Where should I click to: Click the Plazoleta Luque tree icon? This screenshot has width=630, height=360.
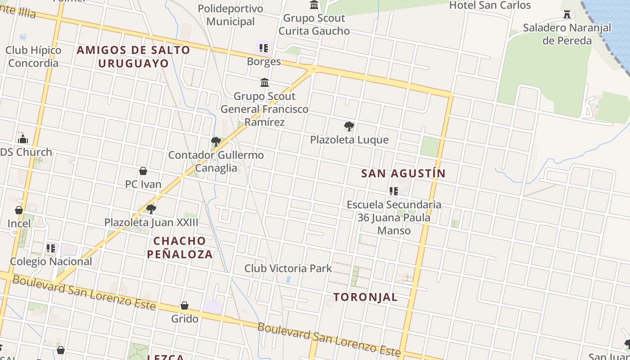click(x=349, y=126)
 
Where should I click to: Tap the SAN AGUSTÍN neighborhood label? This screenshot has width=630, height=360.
click(x=404, y=173)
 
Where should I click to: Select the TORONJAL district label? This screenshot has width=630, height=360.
click(x=365, y=297)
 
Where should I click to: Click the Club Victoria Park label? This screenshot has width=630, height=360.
click(x=288, y=268)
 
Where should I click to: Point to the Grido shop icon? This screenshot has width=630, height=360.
click(x=184, y=306)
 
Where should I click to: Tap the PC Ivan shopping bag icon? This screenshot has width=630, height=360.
click(x=143, y=171)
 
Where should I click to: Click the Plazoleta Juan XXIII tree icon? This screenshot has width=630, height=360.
click(x=151, y=209)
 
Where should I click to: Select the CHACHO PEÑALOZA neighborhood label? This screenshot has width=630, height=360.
click(x=180, y=247)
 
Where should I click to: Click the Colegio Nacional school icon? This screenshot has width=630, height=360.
click(x=51, y=248)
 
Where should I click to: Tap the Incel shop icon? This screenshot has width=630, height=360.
click(x=19, y=210)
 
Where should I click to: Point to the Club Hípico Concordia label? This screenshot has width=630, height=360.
click(x=33, y=56)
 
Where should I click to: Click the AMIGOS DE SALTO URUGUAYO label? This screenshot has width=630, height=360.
click(x=133, y=56)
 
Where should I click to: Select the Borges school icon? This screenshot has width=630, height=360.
click(x=264, y=48)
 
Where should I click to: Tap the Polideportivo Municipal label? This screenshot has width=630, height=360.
click(x=230, y=15)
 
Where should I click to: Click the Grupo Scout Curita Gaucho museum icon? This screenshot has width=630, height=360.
click(x=314, y=5)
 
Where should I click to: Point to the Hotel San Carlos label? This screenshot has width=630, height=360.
click(x=490, y=5)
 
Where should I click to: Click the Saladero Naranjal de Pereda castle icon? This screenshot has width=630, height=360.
click(x=567, y=15)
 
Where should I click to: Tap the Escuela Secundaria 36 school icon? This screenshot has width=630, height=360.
click(x=394, y=191)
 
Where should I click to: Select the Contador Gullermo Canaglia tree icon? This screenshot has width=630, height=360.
click(x=216, y=142)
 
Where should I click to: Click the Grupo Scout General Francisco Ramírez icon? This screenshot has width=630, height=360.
click(x=265, y=83)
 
